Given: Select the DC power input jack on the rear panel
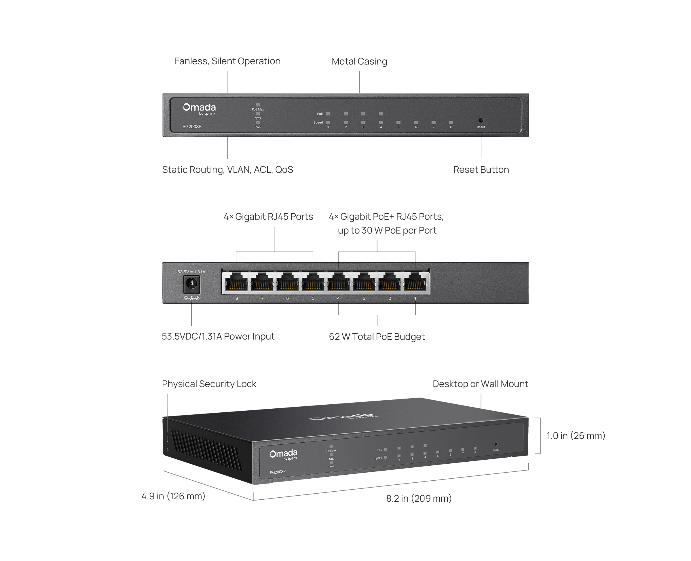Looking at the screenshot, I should (191, 284).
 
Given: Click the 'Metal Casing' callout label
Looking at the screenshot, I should (359, 61).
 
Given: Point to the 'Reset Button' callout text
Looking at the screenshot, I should (481, 170).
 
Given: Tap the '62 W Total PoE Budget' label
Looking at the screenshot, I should (377, 336).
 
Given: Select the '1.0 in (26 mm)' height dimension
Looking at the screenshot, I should (576, 436).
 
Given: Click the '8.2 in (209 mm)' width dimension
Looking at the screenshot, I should (419, 498).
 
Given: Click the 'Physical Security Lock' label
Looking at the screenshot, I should (209, 384).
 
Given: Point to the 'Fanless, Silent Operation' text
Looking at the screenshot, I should (227, 61).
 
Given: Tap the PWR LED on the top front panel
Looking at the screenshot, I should (258, 123).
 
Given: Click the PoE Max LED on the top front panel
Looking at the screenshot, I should (258, 105).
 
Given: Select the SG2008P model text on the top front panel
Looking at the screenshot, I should (192, 127).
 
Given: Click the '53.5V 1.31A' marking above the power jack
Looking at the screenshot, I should (191, 272).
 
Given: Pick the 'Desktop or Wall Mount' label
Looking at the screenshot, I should (480, 384).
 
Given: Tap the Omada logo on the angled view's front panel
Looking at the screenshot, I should (283, 454).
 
